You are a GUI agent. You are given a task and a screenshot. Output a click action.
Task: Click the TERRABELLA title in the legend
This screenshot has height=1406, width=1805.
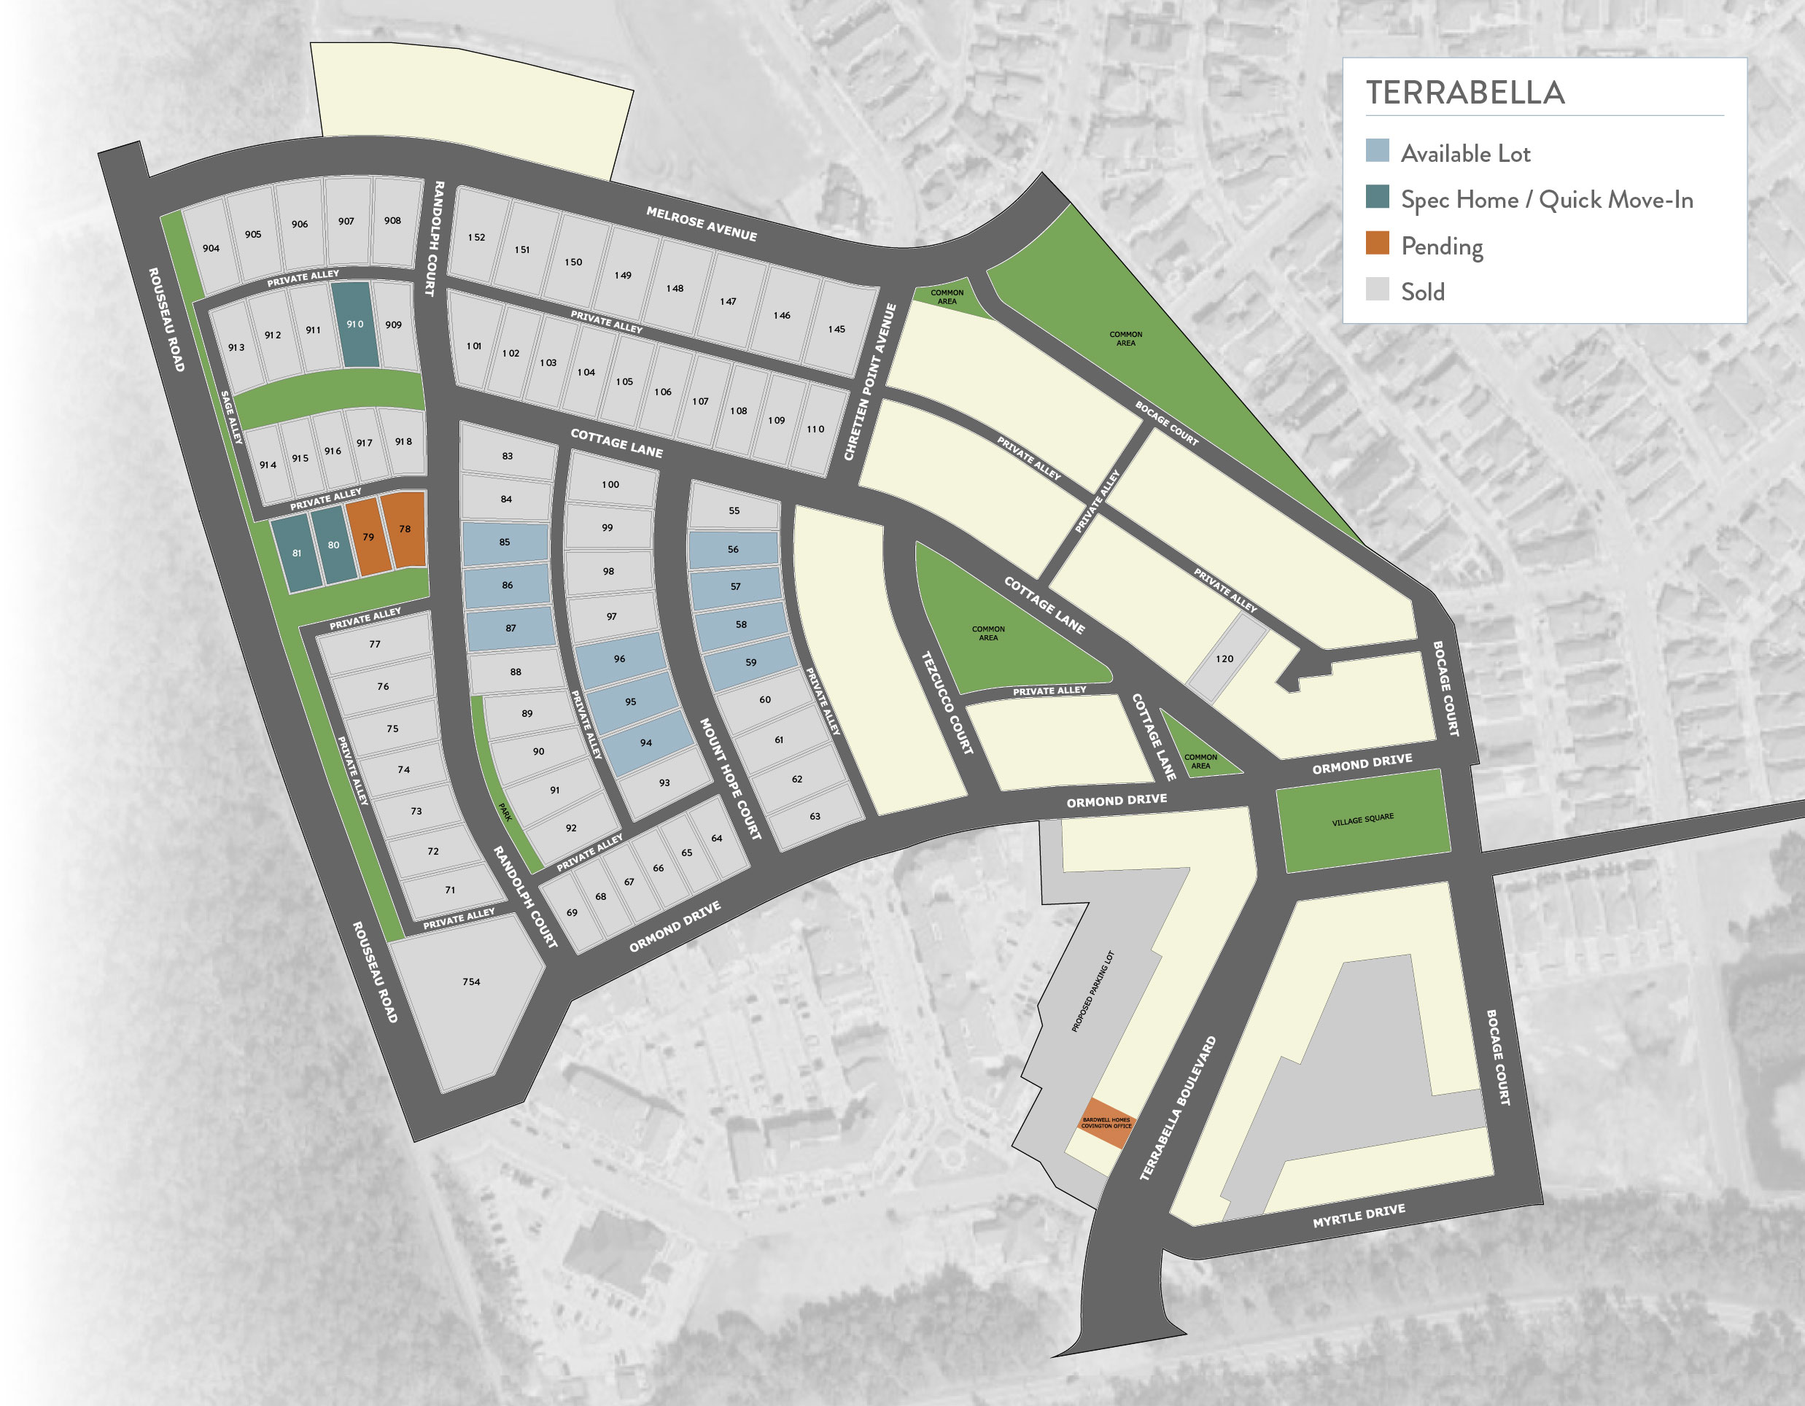pos(1464,93)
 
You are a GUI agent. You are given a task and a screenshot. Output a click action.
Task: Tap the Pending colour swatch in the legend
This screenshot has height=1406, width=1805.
pos(1377,244)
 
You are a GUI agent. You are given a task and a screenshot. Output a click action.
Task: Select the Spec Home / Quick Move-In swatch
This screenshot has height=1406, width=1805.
pos(1377,197)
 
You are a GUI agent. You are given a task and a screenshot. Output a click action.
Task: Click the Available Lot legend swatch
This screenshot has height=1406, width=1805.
pos(1377,150)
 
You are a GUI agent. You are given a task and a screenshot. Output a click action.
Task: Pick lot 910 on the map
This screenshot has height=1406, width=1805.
pos(355,324)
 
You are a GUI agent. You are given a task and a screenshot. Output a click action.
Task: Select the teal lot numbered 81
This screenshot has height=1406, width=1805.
pos(297,553)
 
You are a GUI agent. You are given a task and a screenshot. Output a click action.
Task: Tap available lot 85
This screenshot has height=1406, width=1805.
pos(504,543)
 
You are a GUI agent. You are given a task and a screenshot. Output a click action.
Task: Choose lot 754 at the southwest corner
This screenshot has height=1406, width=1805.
pos(471,982)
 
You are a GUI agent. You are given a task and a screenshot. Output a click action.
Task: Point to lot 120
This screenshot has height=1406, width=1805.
pos(1224,659)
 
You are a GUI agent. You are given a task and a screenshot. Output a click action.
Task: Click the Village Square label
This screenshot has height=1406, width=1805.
pos(1363,820)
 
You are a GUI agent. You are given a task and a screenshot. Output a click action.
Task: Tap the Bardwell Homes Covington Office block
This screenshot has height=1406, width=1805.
pos(1106,1123)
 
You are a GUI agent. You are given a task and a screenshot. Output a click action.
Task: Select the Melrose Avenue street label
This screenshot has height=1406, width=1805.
pos(701,224)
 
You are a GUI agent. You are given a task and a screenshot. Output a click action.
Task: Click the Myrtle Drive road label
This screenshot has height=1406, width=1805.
pos(1359,1216)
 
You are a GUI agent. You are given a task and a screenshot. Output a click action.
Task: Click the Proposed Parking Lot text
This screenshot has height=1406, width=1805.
pos(1092,992)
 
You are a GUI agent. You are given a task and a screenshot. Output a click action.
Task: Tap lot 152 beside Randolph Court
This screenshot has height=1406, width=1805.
pos(476,237)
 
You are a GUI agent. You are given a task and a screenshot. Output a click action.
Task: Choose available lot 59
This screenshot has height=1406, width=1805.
pos(750,662)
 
